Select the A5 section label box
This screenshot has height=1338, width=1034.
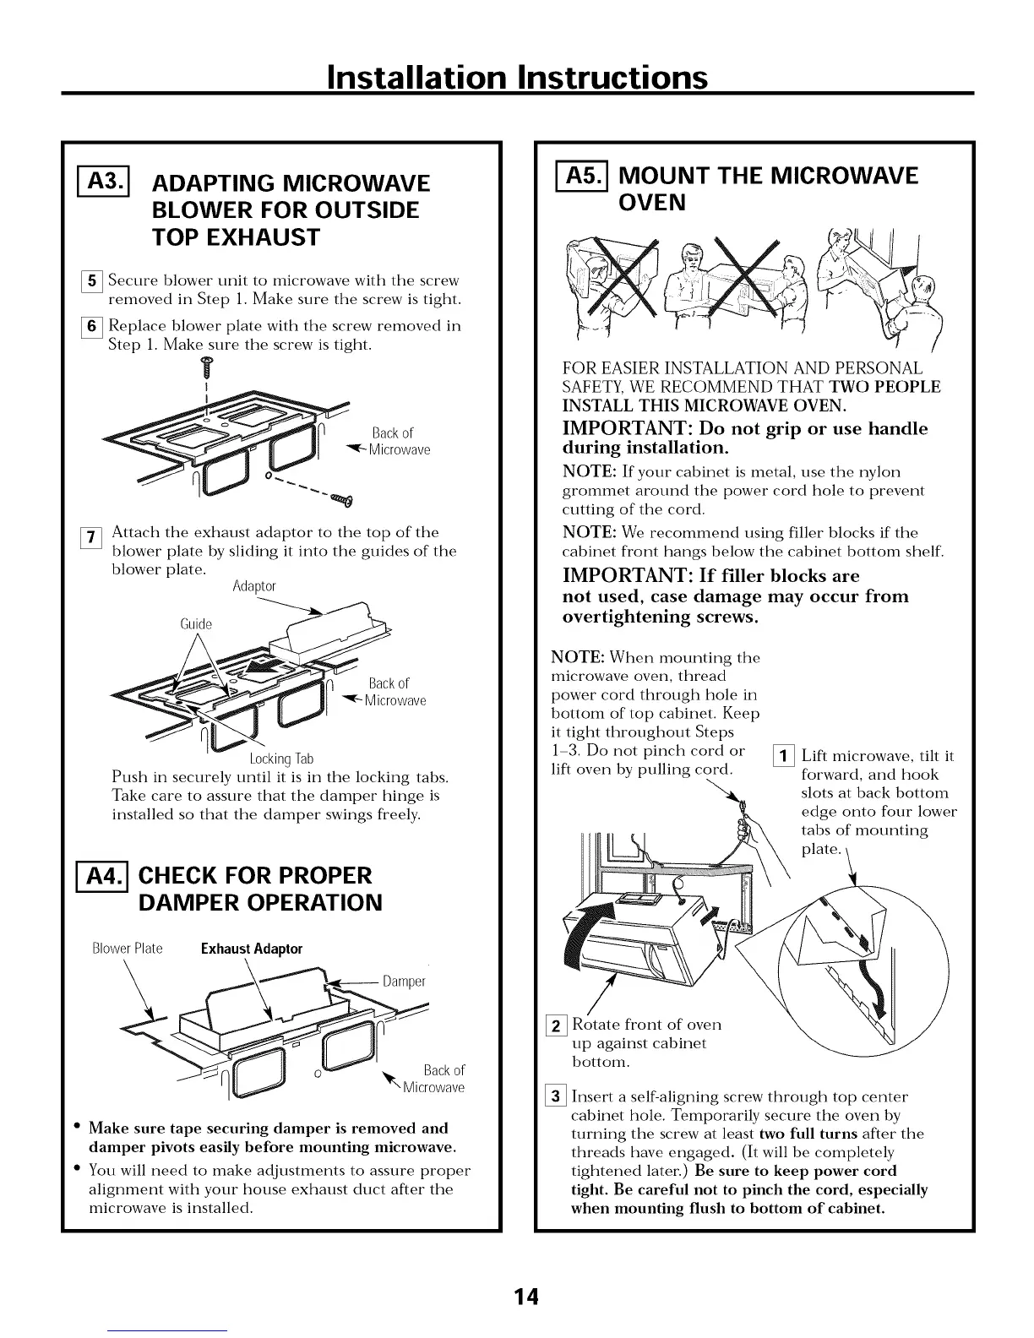click(579, 177)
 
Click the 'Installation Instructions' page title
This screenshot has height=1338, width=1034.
click(516, 77)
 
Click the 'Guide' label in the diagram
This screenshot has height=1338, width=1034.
click(196, 624)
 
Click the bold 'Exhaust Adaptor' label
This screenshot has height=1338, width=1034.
click(252, 949)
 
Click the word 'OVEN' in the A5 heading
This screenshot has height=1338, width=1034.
click(652, 204)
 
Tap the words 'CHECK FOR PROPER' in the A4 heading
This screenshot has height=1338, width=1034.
click(255, 875)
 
